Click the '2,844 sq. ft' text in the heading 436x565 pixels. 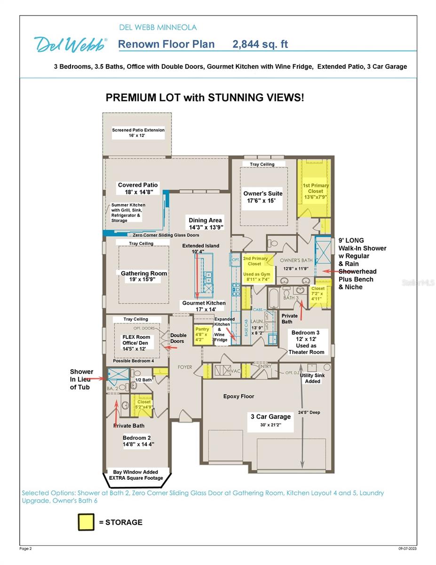click(260, 44)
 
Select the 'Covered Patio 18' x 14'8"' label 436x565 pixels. click(138, 188)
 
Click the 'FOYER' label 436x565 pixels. click(185, 367)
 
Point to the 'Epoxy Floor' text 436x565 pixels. click(238, 396)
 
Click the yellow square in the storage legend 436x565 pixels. click(86, 522)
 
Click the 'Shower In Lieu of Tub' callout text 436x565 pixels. click(82, 379)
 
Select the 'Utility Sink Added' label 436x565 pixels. click(313, 378)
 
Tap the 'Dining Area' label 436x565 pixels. click(206, 223)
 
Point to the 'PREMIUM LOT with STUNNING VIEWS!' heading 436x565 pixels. click(205, 97)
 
